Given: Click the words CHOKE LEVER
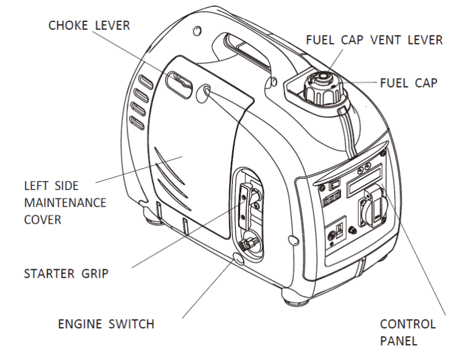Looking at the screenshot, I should click(x=90, y=26).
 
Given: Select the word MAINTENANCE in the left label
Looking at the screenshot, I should click(x=64, y=201).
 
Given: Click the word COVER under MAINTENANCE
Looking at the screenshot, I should click(x=43, y=218).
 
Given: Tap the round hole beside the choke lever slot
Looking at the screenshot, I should click(x=206, y=91).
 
